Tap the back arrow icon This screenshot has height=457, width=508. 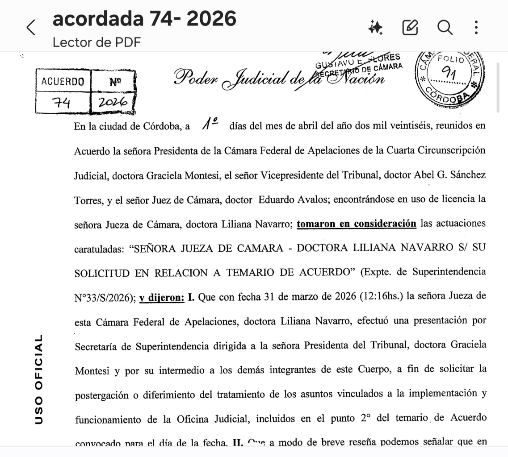click(x=31, y=28)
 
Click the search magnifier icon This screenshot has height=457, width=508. click(x=445, y=28)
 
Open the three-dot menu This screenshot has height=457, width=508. click(x=476, y=28)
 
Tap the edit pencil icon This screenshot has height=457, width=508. click(x=410, y=28)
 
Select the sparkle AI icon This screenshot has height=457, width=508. click(x=375, y=28)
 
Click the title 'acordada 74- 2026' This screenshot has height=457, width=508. click(x=144, y=19)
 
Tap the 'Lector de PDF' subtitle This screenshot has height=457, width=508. click(x=97, y=42)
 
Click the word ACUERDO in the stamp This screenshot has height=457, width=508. click(x=63, y=82)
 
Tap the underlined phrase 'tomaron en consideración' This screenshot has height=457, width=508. click(x=356, y=224)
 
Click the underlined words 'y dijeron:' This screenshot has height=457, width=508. click(x=161, y=296)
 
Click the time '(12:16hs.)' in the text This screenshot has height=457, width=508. click(x=382, y=297)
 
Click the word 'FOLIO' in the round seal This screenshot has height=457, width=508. click(x=451, y=59)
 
